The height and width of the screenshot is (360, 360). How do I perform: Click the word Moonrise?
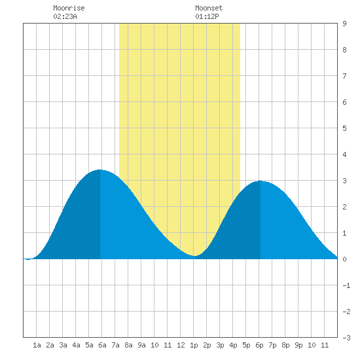point(69,8)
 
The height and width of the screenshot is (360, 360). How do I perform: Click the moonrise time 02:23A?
point(65,16)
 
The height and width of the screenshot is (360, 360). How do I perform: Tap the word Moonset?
point(209,8)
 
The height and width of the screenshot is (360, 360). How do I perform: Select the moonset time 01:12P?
point(207,16)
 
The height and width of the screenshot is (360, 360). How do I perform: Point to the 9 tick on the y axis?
point(344,24)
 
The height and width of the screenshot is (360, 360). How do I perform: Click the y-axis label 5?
point(344,128)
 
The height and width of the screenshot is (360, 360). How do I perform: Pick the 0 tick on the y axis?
point(344,259)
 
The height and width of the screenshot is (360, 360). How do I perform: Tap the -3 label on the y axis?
point(346,338)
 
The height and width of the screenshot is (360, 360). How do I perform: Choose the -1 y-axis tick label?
point(346,285)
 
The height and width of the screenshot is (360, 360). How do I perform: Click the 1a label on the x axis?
point(37,345)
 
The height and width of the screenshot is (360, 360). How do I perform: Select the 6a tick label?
point(102,345)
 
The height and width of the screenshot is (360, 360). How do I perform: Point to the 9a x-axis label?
point(141,345)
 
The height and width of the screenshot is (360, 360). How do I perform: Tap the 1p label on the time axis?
point(194,345)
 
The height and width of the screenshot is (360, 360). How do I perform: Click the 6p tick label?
point(259,345)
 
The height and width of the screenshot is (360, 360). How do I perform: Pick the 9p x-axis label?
point(298,345)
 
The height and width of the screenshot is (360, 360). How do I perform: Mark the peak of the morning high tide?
point(100,170)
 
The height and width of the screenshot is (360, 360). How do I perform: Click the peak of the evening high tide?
point(261,181)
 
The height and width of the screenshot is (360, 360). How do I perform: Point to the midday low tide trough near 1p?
point(194,255)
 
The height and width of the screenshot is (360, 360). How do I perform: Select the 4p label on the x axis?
point(233,345)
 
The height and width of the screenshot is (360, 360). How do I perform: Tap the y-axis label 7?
point(344,76)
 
